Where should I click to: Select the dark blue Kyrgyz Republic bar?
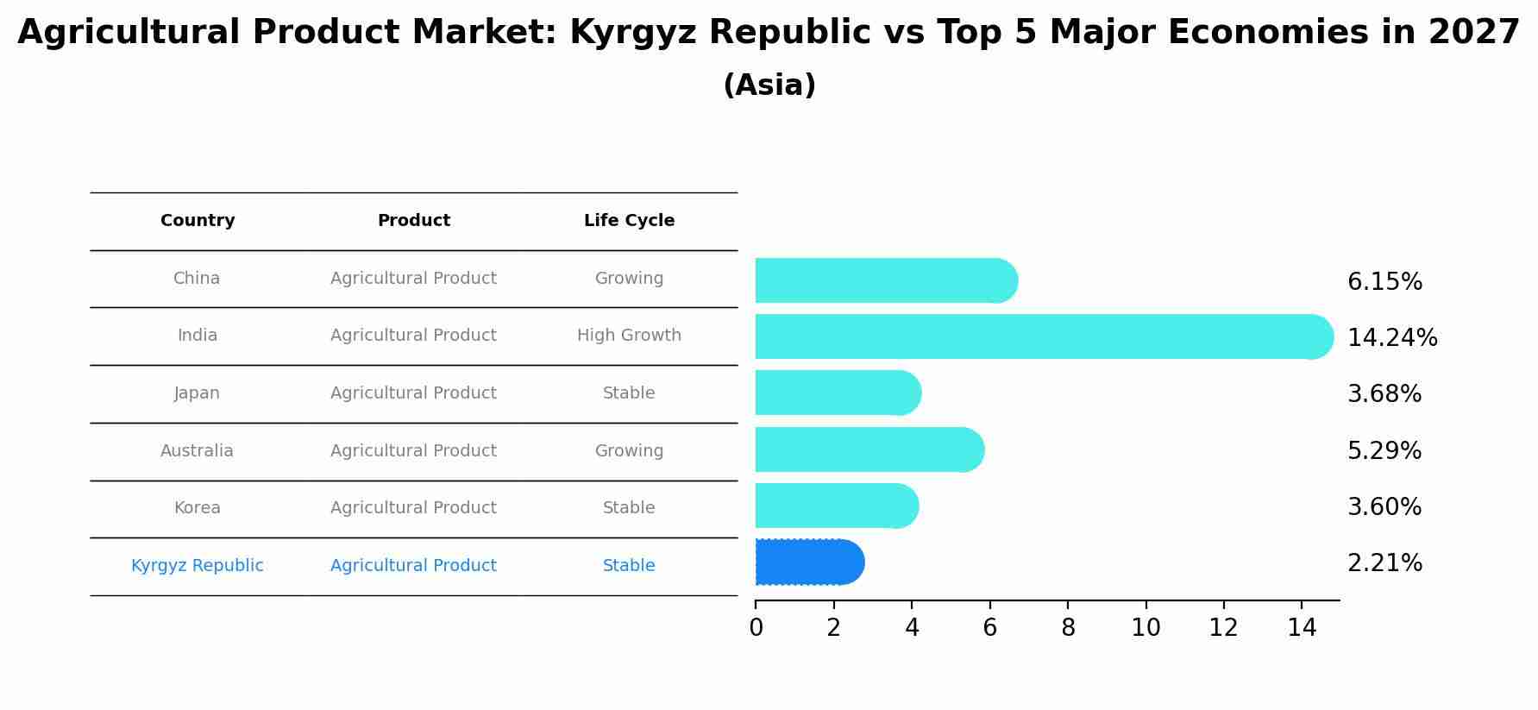pyautogui.click(x=809, y=562)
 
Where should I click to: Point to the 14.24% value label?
pyautogui.click(x=1391, y=338)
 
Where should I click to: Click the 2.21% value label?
pyautogui.click(x=1384, y=563)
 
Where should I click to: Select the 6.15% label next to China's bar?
pyautogui.click(x=1384, y=282)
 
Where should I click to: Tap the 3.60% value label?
pyautogui.click(x=1384, y=507)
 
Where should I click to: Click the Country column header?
pyautogui.click(x=198, y=221)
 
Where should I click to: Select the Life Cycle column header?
pyautogui.click(x=629, y=221)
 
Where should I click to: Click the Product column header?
pyautogui.click(x=413, y=221)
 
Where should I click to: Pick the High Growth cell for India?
pyautogui.click(x=629, y=336)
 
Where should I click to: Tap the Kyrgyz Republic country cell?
pyautogui.click(x=198, y=566)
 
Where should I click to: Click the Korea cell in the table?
pyautogui.click(x=198, y=508)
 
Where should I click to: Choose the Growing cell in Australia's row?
pyautogui.click(x=629, y=451)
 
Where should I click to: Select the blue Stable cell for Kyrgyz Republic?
pyautogui.click(x=629, y=566)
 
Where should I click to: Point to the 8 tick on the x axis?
pyautogui.click(x=1068, y=628)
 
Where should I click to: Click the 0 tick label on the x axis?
pyautogui.click(x=756, y=628)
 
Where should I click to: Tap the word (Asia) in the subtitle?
pyautogui.click(x=769, y=85)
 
